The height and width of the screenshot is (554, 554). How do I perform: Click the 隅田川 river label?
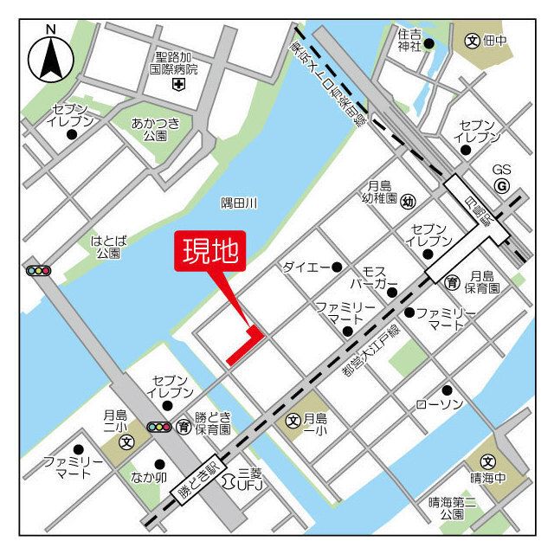click(240, 203)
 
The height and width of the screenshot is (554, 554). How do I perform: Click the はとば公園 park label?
click(108, 247)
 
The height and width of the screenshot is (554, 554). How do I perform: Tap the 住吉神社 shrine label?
click(409, 40)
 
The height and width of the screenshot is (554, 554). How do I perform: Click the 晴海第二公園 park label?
click(451, 507)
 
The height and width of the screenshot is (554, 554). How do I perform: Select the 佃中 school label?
click(497, 40)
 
